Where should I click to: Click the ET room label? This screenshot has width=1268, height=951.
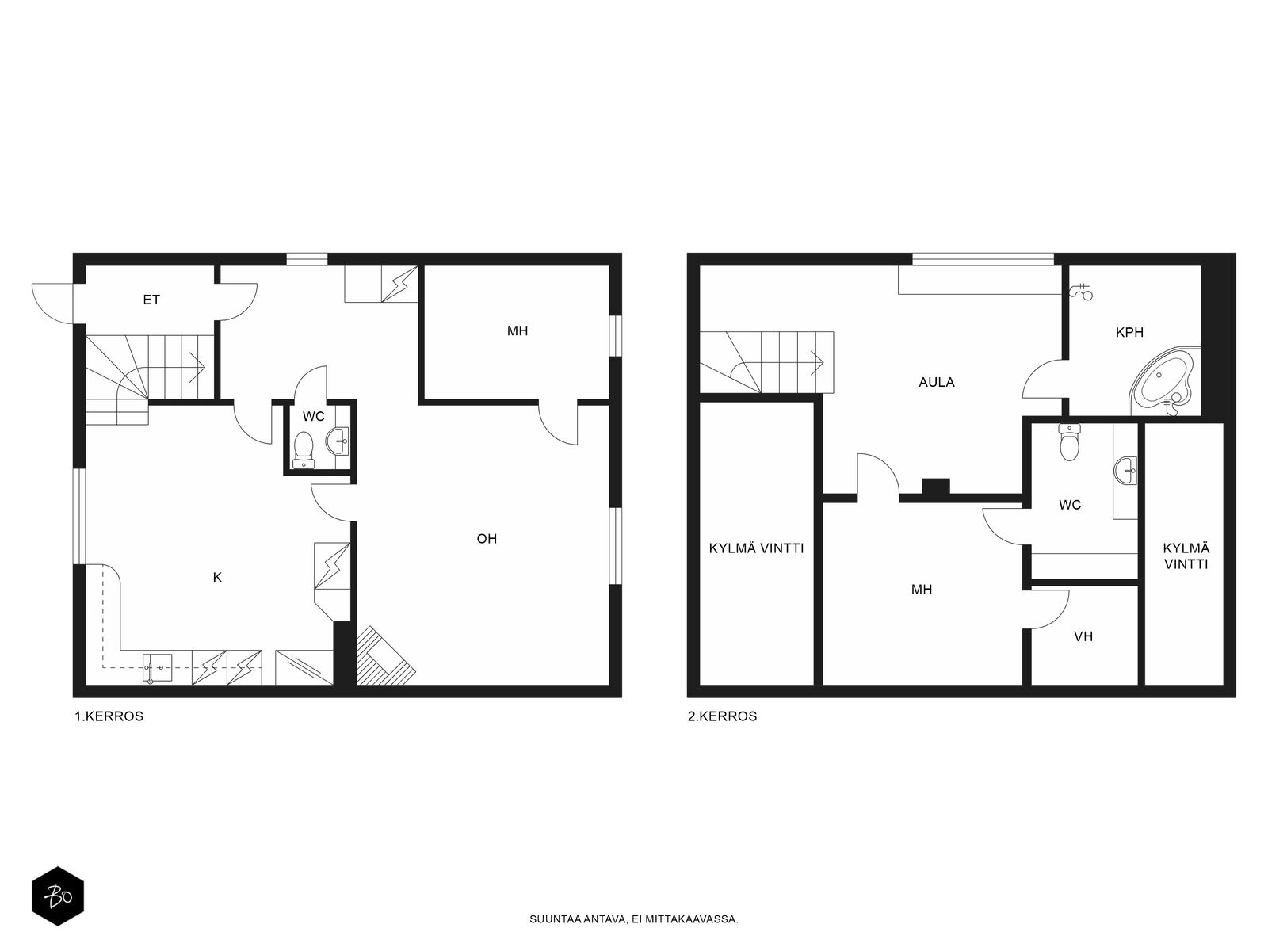151,300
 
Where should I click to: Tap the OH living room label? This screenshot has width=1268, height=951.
487,539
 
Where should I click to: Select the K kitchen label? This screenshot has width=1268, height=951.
217,578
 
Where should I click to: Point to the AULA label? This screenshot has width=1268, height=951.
937,382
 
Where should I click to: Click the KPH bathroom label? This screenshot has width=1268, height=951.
1129,333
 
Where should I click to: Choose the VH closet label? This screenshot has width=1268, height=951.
1083,636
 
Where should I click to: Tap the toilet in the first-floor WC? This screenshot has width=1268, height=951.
304,450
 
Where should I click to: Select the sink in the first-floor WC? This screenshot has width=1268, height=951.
338,441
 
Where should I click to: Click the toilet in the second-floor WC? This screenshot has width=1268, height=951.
1069,441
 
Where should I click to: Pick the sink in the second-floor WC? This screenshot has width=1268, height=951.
1125,471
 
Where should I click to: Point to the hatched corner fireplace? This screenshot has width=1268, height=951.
384,656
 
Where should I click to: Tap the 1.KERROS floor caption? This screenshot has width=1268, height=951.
109,716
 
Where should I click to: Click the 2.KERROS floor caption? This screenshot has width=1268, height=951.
722,716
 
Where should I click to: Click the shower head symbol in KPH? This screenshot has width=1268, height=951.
1081,292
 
